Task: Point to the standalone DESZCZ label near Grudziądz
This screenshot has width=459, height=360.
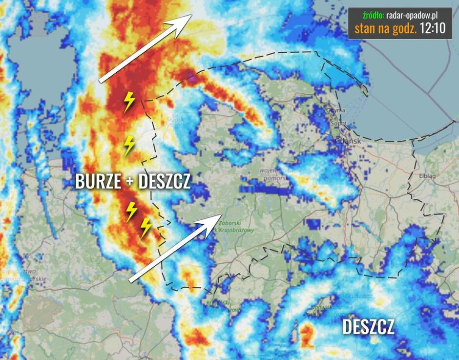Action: (x=368, y=327)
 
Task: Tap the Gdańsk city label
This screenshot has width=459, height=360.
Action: (x=349, y=141)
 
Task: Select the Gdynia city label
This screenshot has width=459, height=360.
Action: (x=336, y=111)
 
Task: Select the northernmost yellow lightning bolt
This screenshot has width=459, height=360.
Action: (x=129, y=101)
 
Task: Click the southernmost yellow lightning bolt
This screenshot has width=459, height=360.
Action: (x=146, y=227)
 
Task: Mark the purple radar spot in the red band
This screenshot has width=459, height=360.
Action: (x=194, y=77)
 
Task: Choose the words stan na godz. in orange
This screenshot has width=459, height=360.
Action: (x=389, y=28)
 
